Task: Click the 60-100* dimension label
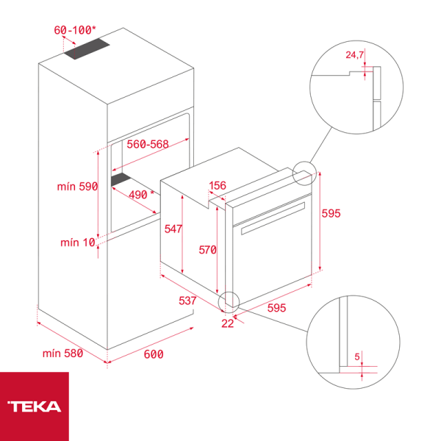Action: [x=75, y=30]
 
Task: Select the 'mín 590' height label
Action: [x=77, y=187]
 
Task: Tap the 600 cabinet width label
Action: [x=153, y=354]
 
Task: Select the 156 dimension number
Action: [x=218, y=185]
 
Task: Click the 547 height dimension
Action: [x=173, y=229]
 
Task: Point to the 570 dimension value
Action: [x=207, y=250]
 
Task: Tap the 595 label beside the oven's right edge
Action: [x=331, y=213]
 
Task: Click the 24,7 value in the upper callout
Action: [x=355, y=54]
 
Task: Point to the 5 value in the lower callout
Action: [x=358, y=357]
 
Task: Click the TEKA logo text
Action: [x=35, y=406]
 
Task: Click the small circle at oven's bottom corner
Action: [x=230, y=300]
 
